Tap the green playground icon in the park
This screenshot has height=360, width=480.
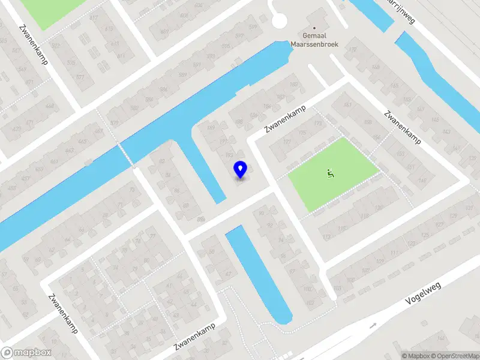coord(329,173)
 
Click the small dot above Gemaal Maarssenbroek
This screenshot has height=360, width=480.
coord(314,28)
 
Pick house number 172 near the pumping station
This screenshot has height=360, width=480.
coord(352,49)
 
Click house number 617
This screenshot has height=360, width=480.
coord(94,17)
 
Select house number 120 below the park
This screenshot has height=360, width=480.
coord(378,208)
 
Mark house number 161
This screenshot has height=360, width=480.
coord(347,106)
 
